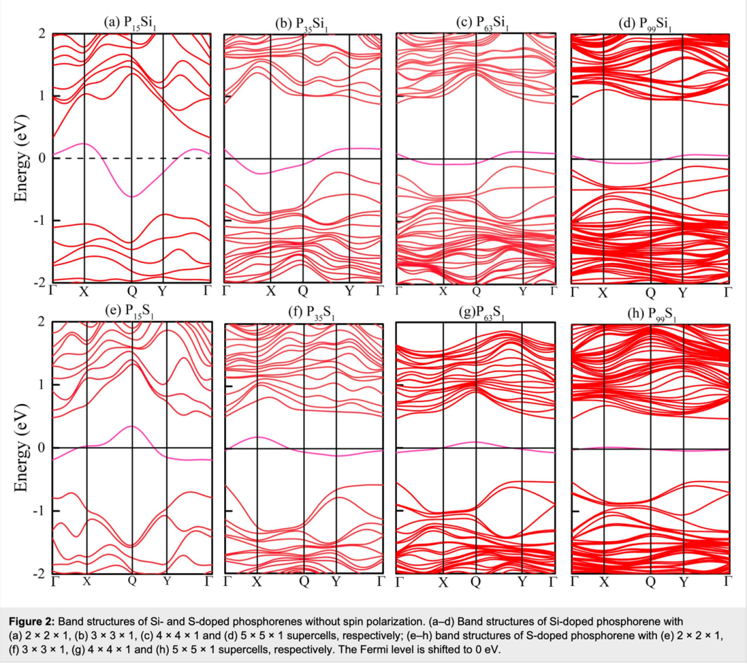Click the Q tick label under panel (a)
point(131,291)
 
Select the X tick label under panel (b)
point(271,291)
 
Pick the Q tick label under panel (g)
point(475,582)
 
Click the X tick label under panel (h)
point(604,582)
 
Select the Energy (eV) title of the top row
point(22,158)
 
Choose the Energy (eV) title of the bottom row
point(22,448)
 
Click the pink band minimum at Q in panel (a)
point(131,197)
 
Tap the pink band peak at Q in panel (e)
point(131,426)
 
